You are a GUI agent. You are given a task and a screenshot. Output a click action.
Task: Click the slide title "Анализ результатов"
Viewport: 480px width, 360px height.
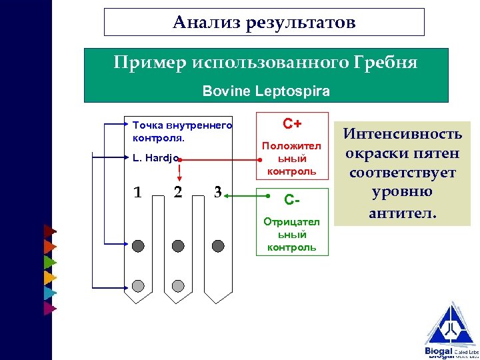coord(264,23)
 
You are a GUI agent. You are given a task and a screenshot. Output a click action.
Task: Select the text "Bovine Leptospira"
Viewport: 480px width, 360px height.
coord(266,89)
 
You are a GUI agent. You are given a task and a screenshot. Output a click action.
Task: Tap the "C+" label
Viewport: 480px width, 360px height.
coord(292,124)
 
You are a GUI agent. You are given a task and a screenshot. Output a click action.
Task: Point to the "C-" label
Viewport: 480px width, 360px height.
coord(292,199)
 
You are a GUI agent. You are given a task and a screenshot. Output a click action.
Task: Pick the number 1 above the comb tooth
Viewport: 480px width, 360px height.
coord(137,193)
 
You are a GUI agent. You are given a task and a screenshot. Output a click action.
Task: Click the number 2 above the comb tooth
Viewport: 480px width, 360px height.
coord(177,193)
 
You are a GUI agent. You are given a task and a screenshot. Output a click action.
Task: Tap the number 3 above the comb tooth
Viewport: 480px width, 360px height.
coord(217,191)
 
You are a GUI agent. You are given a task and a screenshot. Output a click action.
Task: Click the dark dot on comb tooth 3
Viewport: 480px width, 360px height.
coord(218,246)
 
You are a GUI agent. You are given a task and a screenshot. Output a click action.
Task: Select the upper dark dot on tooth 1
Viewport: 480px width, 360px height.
coord(138,246)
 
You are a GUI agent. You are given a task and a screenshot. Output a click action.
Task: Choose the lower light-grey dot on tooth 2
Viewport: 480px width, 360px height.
coord(178,286)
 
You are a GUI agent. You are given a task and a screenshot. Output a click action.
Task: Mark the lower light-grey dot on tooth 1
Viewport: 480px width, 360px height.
coord(138,286)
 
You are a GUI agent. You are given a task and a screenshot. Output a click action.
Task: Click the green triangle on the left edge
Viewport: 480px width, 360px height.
coord(49,262)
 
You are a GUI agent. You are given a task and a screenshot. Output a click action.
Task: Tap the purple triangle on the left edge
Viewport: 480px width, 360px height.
coord(49,308)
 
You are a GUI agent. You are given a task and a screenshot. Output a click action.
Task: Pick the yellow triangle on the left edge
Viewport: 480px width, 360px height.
coord(49,277)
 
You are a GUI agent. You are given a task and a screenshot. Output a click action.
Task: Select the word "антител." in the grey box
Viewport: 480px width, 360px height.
coord(401,213)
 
